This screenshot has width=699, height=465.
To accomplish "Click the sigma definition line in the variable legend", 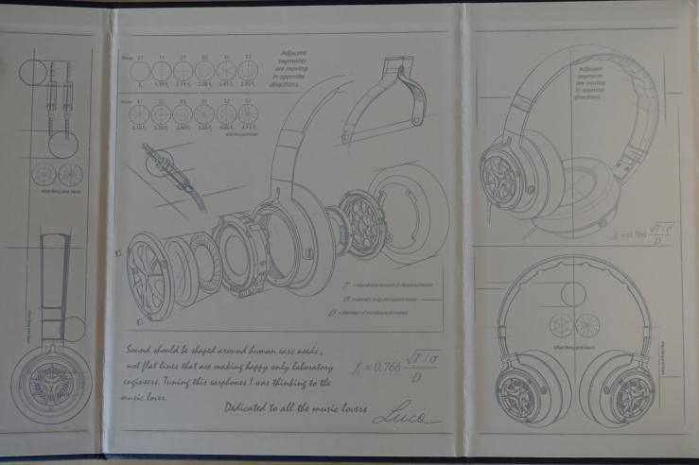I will pyautogui.click(x=377, y=297).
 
